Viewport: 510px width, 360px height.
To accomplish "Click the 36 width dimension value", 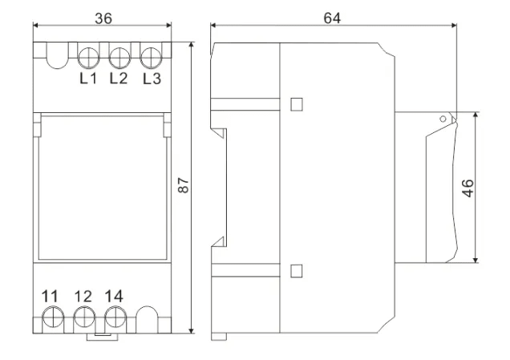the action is pos(103,18).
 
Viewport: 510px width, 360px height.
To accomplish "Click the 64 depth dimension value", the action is pos(332,18).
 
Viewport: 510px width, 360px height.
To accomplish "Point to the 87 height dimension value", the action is pos(184,185).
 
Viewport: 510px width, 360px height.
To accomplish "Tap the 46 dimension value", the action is pos(467,188).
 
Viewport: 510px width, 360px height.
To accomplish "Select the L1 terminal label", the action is pos(88,79).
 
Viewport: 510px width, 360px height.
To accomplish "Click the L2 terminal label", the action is pos(119,79).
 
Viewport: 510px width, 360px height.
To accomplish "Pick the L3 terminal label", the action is pos(152,79).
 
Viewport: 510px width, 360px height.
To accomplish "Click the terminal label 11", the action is pos(50,297).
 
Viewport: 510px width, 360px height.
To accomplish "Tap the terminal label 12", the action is pos(83,297).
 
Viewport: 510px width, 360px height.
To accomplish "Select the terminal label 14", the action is pos(114,297).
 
